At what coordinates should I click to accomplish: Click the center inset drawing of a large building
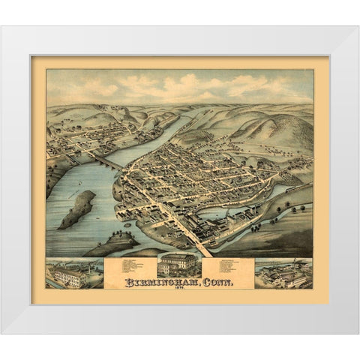[x=178, y=265]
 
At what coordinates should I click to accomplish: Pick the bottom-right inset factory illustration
[x=283, y=273]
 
